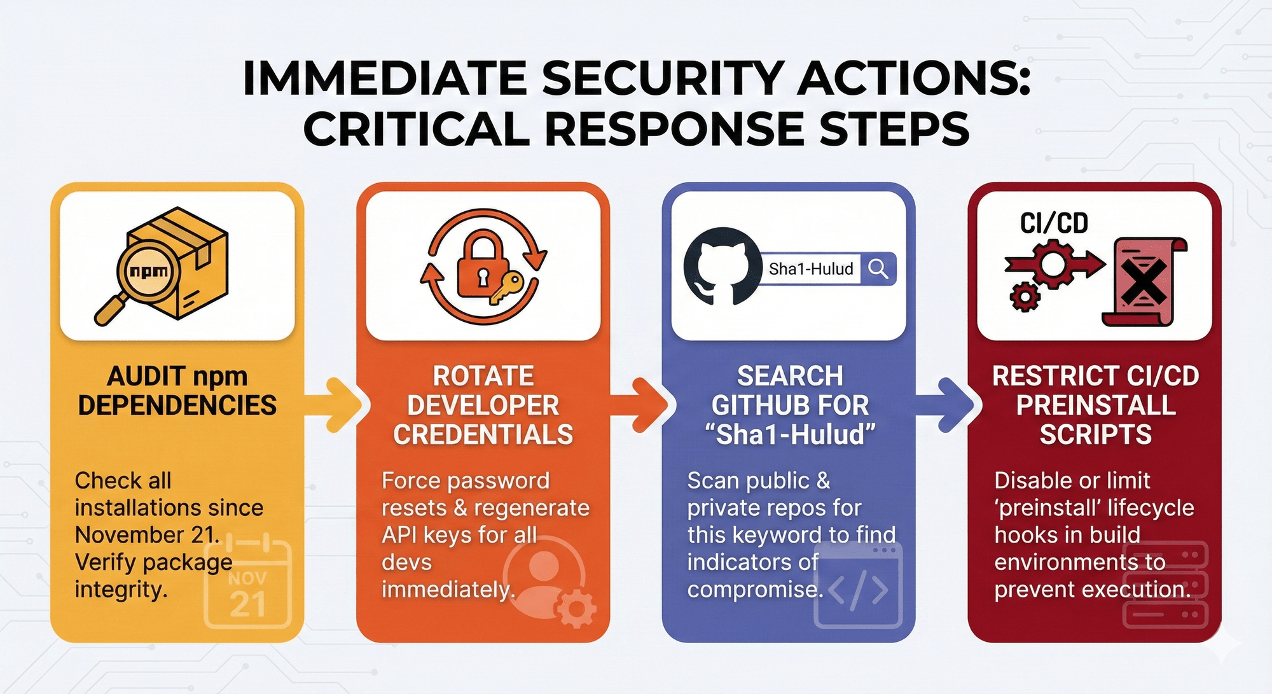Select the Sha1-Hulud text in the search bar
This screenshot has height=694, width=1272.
(x=811, y=269)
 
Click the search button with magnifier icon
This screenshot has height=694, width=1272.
(x=878, y=269)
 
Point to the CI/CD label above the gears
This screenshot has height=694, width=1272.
(x=1054, y=223)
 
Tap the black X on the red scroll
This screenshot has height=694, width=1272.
(x=1143, y=282)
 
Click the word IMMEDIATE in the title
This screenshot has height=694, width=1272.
(x=385, y=79)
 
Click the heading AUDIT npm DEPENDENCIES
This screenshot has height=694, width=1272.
(x=177, y=391)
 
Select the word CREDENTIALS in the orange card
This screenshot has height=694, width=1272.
(x=483, y=434)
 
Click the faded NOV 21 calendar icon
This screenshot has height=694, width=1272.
(x=248, y=582)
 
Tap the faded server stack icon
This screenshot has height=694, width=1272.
(x=1165, y=584)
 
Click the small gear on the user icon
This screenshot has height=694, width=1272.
(x=576, y=607)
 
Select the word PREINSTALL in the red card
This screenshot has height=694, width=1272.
(x=1096, y=405)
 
